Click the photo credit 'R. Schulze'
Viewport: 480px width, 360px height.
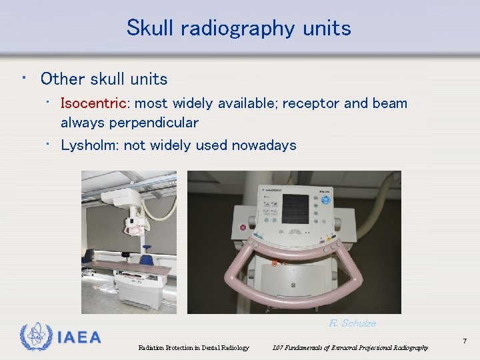pos(352,323)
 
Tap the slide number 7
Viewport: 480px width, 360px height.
pos(465,341)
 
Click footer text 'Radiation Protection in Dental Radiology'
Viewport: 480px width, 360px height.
pos(193,348)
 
